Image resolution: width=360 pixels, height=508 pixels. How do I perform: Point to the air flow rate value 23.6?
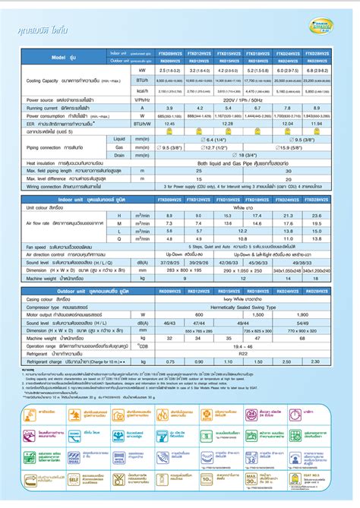click(339, 217)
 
